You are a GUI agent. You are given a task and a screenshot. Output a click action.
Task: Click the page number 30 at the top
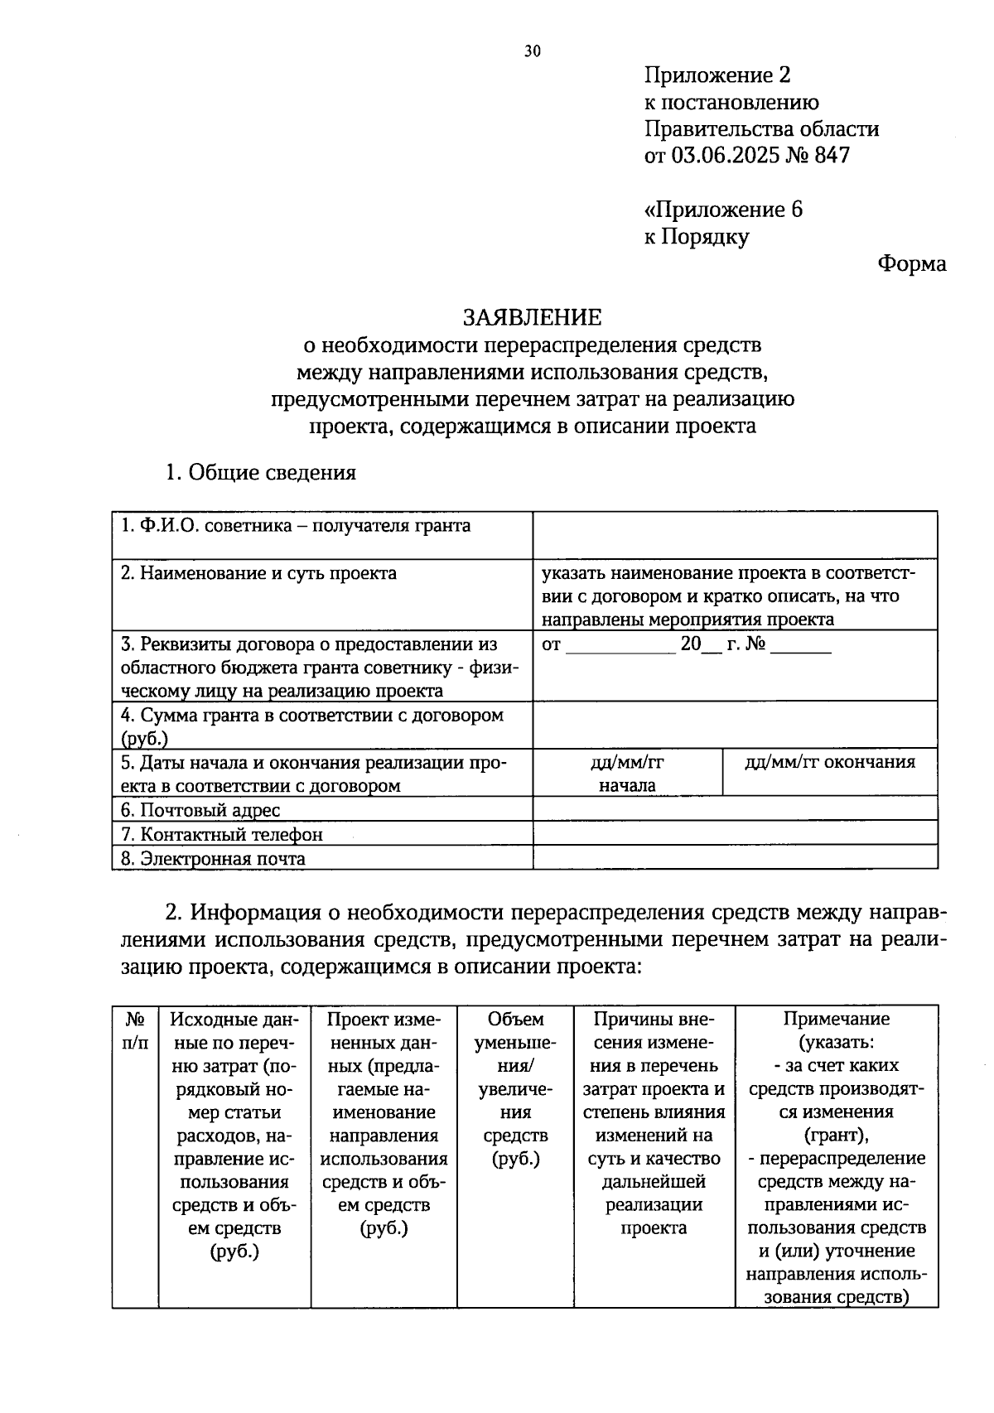pyautogui.click(x=532, y=51)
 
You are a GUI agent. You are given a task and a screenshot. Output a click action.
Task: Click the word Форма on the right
pyautogui.click(x=911, y=264)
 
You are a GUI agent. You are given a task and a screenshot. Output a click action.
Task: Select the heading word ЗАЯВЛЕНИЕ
pyautogui.click(x=532, y=317)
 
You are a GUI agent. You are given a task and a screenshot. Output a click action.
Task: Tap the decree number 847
pyautogui.click(x=832, y=155)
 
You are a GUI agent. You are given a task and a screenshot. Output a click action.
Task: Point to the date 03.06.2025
pyautogui.click(x=730, y=155)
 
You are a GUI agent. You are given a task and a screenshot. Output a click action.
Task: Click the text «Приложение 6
pyautogui.click(x=723, y=210)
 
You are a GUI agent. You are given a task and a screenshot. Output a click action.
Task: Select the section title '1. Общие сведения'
pyautogui.click(x=260, y=472)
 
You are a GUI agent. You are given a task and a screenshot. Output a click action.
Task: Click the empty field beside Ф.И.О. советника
pyautogui.click(x=735, y=535)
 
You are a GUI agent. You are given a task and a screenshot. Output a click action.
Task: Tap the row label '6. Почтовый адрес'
pyautogui.click(x=200, y=810)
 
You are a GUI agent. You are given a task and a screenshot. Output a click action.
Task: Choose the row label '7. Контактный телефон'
pyautogui.click(x=222, y=834)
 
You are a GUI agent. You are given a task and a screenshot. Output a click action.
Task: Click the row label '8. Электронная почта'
pyautogui.click(x=213, y=858)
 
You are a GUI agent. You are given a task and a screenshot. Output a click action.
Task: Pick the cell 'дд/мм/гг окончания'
pyautogui.click(x=830, y=762)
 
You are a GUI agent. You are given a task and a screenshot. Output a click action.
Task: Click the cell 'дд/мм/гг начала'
pyautogui.click(x=627, y=773)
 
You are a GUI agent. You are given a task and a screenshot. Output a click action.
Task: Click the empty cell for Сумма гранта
pyautogui.click(x=735, y=726)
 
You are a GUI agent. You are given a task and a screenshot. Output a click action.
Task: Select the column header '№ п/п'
pyautogui.click(x=135, y=1030)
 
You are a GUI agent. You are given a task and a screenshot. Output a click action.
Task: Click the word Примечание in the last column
pyautogui.click(x=836, y=1019)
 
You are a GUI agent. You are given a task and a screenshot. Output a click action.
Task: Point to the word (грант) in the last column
pyautogui.click(x=836, y=1135)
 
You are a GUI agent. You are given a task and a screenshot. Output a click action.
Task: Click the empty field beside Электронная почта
pyautogui.click(x=735, y=857)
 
